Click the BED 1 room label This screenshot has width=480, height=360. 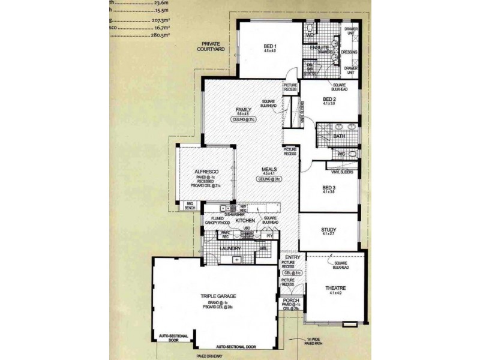pyautogui.click(x=269, y=46)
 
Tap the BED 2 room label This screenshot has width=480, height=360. pyautogui.click(x=329, y=100)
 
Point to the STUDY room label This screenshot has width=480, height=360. pyautogui.click(x=329, y=230)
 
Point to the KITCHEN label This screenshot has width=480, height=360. pyautogui.click(x=245, y=221)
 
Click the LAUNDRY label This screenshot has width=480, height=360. pyautogui.click(x=230, y=247)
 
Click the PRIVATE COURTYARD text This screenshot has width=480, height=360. pyautogui.click(x=213, y=47)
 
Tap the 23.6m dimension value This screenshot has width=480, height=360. pyautogui.click(x=161, y=2)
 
